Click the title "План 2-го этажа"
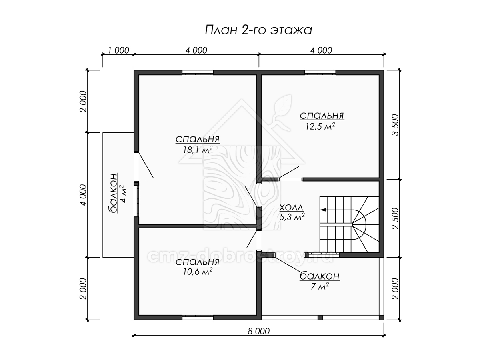pyautogui.click(x=258, y=30)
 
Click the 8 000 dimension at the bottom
pyautogui.click(x=259, y=331)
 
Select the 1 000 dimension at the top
pyautogui.click(x=118, y=50)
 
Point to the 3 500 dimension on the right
pyautogui.click(x=396, y=125)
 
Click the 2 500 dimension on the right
pyautogui.click(x=396, y=218)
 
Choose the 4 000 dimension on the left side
pyautogui.click(x=84, y=195)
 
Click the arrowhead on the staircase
pyautogui.click(x=323, y=210)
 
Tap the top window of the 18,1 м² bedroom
pyautogui.click(x=198, y=72)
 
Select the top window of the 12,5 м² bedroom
pyautogui.click(x=320, y=72)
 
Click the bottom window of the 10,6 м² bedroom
pyautogui.click(x=198, y=318)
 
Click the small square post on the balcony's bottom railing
pyautogui.click(x=320, y=318)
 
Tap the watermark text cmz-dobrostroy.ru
pyautogui.click(x=240, y=257)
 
